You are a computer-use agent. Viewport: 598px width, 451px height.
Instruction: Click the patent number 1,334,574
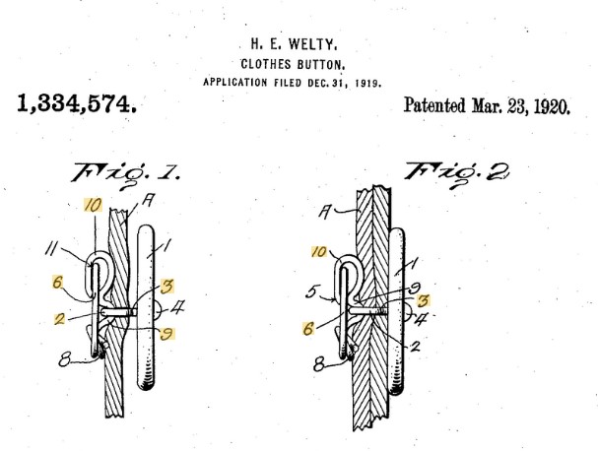tap(77, 104)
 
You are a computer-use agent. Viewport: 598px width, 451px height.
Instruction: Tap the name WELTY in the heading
tap(312, 44)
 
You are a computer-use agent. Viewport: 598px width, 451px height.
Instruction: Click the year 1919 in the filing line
tap(368, 83)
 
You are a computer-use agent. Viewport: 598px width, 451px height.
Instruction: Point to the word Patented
tap(434, 105)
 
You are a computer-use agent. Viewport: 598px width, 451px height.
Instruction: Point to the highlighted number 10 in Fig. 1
tap(93, 206)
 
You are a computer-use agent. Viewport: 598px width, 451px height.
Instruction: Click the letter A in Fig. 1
tap(148, 201)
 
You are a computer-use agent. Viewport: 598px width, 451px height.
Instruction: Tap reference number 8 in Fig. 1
tap(65, 359)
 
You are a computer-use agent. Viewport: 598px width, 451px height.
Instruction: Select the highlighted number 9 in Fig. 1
tap(166, 334)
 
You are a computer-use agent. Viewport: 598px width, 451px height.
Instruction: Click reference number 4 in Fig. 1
tap(177, 307)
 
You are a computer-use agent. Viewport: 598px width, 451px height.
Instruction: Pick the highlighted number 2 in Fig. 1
tap(59, 319)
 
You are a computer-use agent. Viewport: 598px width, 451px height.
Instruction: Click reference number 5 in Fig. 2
tap(311, 292)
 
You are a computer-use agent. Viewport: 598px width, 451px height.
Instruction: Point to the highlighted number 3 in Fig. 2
tap(423, 301)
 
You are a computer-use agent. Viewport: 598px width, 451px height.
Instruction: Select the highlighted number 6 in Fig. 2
tap(308, 328)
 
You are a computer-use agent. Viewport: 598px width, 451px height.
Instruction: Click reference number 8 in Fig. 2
tap(319, 364)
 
